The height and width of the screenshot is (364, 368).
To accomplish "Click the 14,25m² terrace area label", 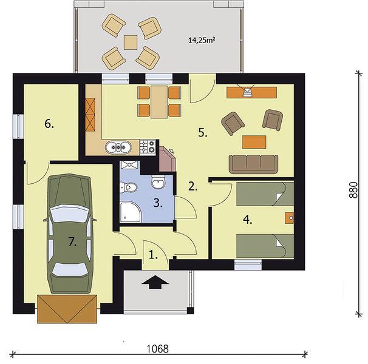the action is (202, 40).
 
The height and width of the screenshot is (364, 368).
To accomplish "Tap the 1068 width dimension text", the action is (157, 349).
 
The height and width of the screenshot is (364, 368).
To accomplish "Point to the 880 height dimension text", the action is (353, 190).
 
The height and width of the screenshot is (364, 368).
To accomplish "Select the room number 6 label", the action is (49, 124).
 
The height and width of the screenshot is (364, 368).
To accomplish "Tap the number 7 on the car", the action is (72, 241).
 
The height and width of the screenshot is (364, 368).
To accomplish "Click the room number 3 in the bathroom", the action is (158, 203).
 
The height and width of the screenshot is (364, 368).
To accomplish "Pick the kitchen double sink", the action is (118, 147).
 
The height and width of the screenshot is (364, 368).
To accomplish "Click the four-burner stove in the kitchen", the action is (148, 147).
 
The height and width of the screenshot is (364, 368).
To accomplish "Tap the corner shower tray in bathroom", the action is (131, 212).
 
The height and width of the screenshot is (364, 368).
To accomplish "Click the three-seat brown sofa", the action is (253, 164).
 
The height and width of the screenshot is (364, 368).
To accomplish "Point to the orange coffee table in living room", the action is (254, 142).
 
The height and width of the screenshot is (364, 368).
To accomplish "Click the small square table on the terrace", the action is (131, 42).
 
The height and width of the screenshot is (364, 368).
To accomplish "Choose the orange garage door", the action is (67, 309).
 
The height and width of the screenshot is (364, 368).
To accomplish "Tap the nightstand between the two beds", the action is (290, 218).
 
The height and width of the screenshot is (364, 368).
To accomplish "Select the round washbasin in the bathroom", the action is (158, 182).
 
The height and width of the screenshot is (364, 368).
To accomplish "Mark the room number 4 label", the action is (248, 220).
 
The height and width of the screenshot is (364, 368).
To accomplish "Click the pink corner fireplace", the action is (167, 159).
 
